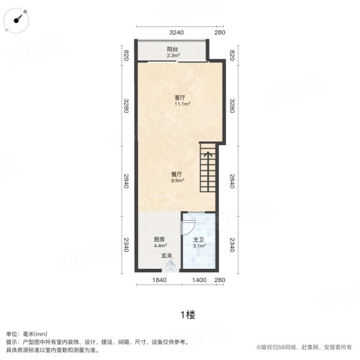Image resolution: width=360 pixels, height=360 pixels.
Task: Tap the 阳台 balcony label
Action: [x=172, y=49]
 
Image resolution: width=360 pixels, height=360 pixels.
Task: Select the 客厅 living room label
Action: [x=179, y=98]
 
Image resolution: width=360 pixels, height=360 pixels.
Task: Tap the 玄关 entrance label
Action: [x=167, y=256]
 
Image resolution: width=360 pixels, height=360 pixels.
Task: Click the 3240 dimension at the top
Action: [x=175, y=32]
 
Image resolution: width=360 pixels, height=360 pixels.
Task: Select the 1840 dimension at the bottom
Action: [x=158, y=280]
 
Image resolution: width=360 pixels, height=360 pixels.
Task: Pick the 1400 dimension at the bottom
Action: [x=199, y=280]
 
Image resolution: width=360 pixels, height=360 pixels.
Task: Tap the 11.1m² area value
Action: [x=182, y=104]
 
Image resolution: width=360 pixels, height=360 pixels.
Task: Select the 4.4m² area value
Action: [x=159, y=245]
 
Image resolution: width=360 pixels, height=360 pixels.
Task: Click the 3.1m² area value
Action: [x=200, y=245]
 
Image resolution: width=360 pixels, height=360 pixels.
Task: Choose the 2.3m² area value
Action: [x=172, y=55]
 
